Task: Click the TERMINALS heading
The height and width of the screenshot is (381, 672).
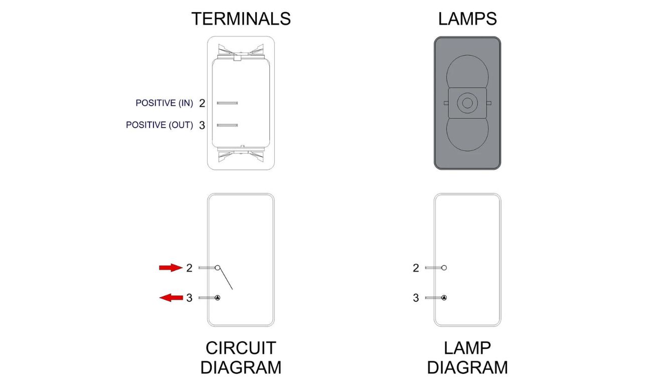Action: pos(241,19)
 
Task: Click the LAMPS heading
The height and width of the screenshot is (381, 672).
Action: pos(467,19)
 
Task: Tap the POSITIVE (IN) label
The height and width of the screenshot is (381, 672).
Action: pos(164,103)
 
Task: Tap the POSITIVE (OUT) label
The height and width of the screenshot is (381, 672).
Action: pos(159,125)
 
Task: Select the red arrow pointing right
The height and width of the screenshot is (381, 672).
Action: pos(170,268)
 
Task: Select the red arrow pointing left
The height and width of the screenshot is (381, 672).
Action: pos(171,298)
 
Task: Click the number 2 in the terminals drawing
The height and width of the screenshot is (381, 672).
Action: pos(202,104)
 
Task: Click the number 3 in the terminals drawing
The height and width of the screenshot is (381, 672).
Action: pos(202,125)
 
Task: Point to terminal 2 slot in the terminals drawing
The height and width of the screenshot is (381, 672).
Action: pos(227,103)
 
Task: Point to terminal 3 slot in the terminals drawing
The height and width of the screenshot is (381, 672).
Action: pos(227,125)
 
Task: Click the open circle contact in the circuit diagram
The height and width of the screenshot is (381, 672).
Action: pos(218,268)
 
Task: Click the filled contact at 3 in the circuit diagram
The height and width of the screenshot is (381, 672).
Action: pos(218,298)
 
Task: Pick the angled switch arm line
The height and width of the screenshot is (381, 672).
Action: pos(226,280)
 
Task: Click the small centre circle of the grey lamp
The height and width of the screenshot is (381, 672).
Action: pos(467,103)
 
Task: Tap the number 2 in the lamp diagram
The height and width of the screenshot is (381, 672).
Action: pos(416,268)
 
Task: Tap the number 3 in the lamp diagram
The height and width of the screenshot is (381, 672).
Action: pos(416,298)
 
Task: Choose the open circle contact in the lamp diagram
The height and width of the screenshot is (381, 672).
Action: pos(444,268)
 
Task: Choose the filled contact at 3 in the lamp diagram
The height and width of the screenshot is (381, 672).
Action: pos(444,298)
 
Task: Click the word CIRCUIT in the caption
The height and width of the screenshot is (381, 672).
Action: pos(241,348)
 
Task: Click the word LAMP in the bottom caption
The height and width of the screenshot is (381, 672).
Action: pos(467,348)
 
